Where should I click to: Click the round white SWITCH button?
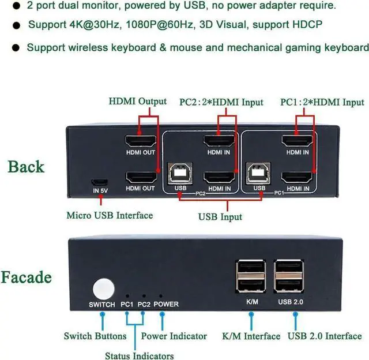tap(104, 290)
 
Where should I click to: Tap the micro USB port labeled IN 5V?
tap(100, 182)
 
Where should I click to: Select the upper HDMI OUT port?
tap(141, 141)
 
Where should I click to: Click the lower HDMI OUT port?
tap(141, 178)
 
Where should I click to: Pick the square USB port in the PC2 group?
tap(180, 173)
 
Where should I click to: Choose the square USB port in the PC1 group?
tap(258, 173)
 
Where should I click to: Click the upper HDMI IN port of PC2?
tap(219, 141)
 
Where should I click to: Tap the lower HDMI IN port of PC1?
tap(297, 178)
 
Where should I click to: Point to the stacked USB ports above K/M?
tap(251, 276)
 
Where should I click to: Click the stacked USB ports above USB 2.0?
tap(289, 276)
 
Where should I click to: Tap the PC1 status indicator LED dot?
tap(127, 296)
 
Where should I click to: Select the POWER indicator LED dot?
tap(161, 296)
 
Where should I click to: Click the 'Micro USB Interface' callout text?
tap(110, 215)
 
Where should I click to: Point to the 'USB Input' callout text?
tap(220, 217)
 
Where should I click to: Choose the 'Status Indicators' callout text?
tap(140, 355)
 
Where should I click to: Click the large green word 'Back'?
tap(26, 167)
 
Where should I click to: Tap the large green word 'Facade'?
tap(26, 277)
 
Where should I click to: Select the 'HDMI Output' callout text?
tap(138, 102)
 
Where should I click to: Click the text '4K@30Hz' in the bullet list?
tap(95, 25)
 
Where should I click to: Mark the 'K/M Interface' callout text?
tap(251, 336)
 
